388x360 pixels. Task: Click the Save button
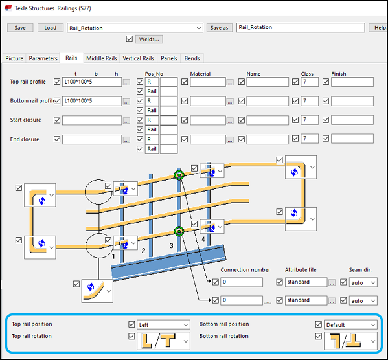coord(19,28)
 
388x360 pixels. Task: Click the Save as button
coord(220,28)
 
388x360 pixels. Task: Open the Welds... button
coord(150,39)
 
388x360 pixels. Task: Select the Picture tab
coord(14,58)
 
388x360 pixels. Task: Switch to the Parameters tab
coord(43,58)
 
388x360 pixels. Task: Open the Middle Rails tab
coord(101,58)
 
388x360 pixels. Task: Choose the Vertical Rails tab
coord(138,58)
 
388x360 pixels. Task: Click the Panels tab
coord(169,58)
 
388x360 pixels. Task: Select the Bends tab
coord(192,58)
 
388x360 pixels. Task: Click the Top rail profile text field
coord(91,82)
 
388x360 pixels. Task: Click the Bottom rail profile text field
coord(91,102)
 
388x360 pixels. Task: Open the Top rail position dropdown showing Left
coord(163,324)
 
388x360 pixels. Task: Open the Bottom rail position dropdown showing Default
coord(350,324)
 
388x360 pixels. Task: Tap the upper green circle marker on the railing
coord(179,175)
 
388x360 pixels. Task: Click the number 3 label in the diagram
coord(172,246)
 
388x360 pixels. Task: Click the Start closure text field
coord(91,120)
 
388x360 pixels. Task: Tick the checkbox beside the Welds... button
coord(130,39)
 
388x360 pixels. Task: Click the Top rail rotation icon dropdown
coord(163,340)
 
